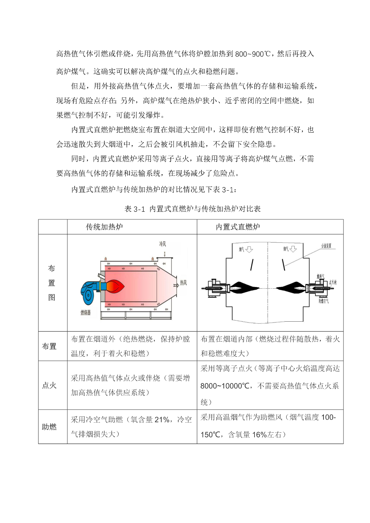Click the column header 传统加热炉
[x=104, y=227]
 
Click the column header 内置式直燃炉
[x=238, y=227]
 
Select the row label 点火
[x=49, y=385]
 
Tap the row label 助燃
[x=49, y=427]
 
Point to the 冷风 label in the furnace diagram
[x=163, y=244]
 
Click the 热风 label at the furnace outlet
[x=183, y=283]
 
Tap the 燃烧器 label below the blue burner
[x=86, y=312]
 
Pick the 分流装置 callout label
[x=326, y=245]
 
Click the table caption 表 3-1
[x=134, y=209]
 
